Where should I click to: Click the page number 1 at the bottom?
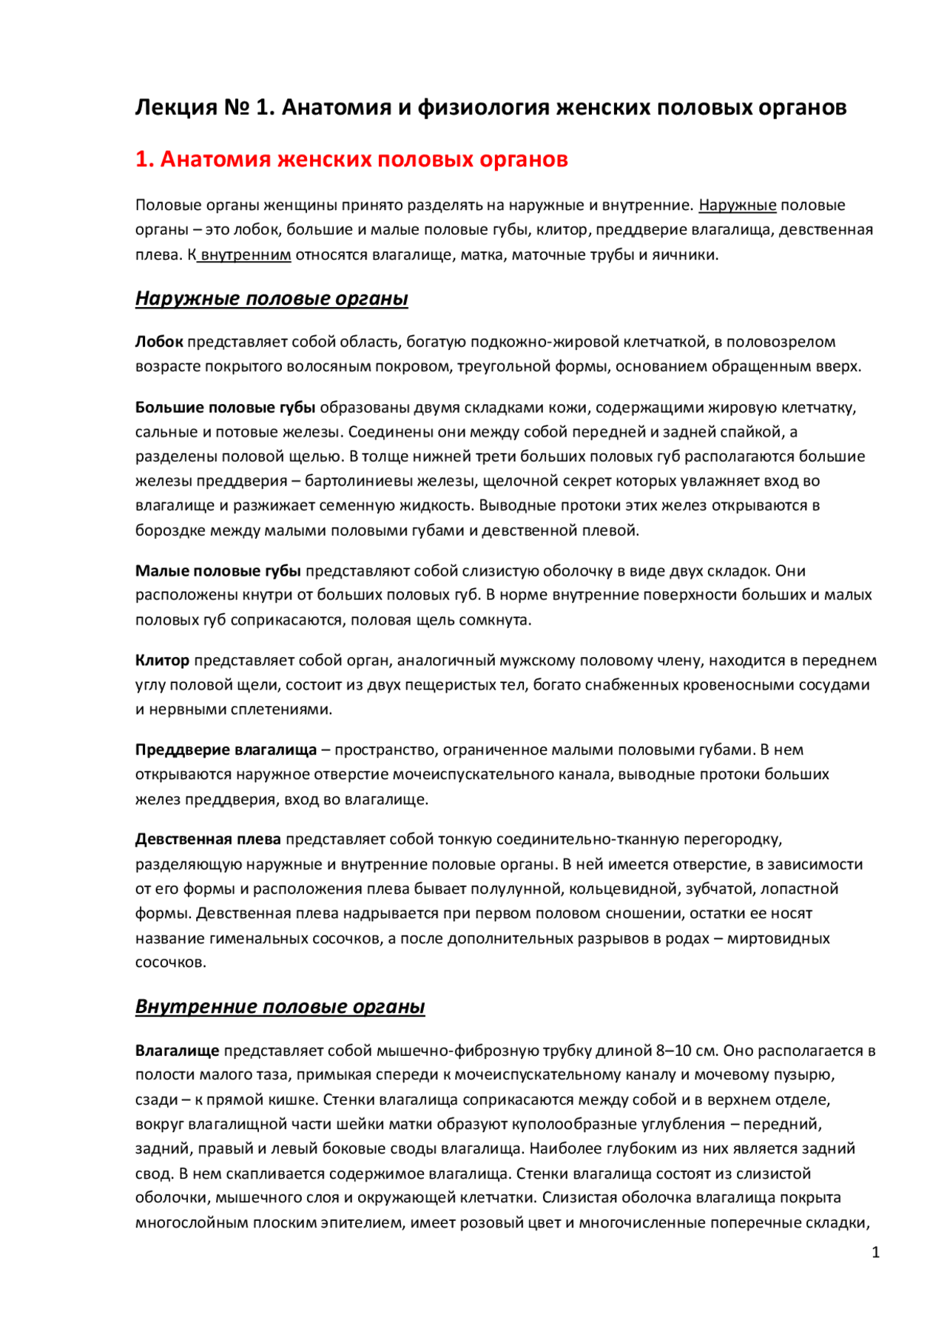pyautogui.click(x=876, y=1253)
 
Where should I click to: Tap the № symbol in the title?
pyautogui.click(x=236, y=108)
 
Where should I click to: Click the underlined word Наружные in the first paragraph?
pyautogui.click(x=738, y=205)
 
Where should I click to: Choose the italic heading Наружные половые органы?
pyautogui.click(x=272, y=298)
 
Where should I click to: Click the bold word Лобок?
pyautogui.click(x=159, y=342)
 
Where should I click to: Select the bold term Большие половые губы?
pyautogui.click(x=226, y=408)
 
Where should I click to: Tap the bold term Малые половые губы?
pyautogui.click(x=218, y=571)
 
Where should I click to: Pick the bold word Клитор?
pyautogui.click(x=162, y=660)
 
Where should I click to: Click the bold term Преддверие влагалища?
pyautogui.click(x=226, y=750)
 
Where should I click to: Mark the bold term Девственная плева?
pyautogui.click(x=208, y=839)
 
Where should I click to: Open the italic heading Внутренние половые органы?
pyautogui.click(x=280, y=1006)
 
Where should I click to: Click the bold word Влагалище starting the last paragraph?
pyautogui.click(x=178, y=1051)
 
